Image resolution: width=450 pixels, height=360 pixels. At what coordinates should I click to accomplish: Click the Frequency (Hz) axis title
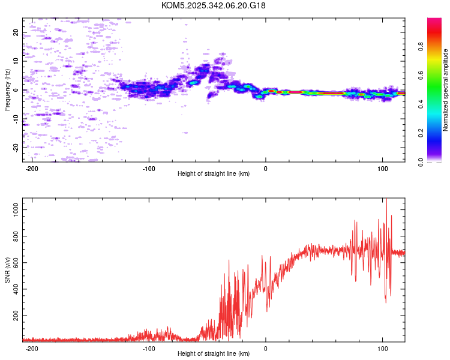click(7, 89)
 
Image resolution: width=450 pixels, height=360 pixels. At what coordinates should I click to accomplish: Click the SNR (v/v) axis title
click(7, 269)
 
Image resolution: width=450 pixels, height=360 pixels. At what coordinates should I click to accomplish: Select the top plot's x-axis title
click(214, 173)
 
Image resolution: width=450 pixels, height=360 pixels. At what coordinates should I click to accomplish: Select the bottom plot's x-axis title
click(214, 353)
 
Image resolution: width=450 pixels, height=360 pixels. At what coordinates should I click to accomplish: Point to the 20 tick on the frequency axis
click(16, 33)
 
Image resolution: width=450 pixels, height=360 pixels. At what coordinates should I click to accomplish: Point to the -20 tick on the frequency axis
click(16, 147)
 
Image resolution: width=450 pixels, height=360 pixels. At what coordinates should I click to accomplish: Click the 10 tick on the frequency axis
click(16, 61)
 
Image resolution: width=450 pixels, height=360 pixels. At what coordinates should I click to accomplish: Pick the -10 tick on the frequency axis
click(16, 118)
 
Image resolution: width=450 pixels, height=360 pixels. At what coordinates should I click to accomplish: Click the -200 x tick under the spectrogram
click(32, 168)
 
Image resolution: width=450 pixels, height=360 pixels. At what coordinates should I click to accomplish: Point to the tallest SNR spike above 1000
click(386, 199)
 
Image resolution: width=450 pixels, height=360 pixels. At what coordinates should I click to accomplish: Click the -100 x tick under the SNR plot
click(149, 348)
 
